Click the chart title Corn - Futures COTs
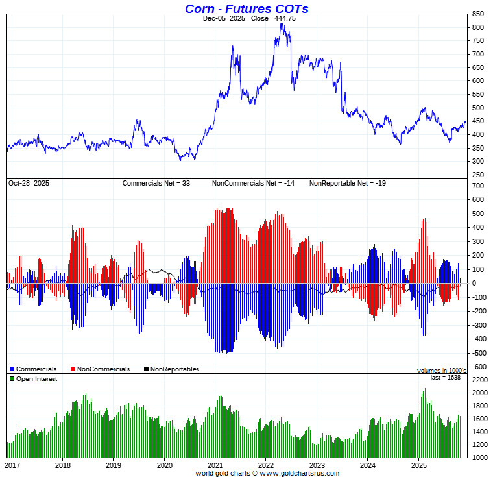pyautogui.click(x=246, y=8)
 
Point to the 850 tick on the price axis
pyautogui.click(x=478, y=14)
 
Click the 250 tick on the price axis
pyautogui.click(x=478, y=175)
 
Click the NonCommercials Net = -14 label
pyautogui.click(x=253, y=184)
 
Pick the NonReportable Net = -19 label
pyautogui.click(x=348, y=184)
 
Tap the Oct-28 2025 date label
pyautogui.click(x=29, y=184)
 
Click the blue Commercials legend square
pyautogui.click(x=12, y=369)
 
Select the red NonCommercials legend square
pyautogui.click(x=73, y=369)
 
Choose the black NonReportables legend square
pyautogui.click(x=147, y=369)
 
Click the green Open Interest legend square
pyautogui.click(x=12, y=378)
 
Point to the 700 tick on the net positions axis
pyautogui.click(x=478, y=186)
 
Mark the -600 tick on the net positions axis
pyautogui.click(x=478, y=367)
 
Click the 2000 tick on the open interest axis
pyautogui.click(x=480, y=393)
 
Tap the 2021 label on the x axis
pyautogui.click(x=215, y=465)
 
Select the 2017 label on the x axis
pyautogui.click(x=12, y=465)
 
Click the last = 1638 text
pyautogui.click(x=446, y=377)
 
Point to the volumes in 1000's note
pyautogui.click(x=442, y=370)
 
